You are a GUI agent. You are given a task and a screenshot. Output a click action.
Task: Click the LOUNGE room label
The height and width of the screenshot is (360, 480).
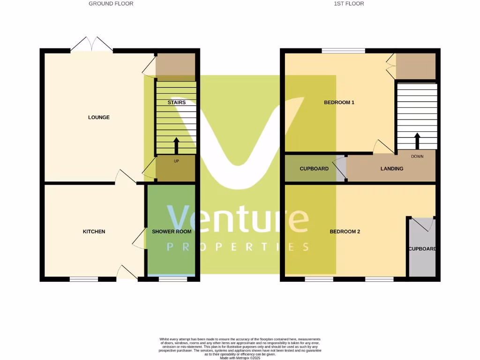pos(98,117)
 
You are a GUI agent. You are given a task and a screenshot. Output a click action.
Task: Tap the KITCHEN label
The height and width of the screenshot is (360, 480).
pos(94,232)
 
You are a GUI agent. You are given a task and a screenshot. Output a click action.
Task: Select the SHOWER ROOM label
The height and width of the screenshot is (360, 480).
pos(172,232)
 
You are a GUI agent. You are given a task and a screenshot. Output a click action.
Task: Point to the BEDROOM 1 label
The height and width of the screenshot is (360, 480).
pos(339,102)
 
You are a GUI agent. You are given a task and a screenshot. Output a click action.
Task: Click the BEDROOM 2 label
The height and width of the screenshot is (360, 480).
pos(345,232)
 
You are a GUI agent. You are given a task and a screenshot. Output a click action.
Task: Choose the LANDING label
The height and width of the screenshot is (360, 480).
pos(391,169)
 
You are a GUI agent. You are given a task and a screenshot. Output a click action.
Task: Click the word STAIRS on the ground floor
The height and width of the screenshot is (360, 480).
pos(177,102)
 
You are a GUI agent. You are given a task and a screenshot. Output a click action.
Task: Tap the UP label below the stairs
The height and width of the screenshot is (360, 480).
pos(177,161)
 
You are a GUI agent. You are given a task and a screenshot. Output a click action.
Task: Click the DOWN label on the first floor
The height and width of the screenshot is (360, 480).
pos(417,157)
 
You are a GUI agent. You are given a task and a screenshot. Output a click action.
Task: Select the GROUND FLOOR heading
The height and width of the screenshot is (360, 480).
pos(111,4)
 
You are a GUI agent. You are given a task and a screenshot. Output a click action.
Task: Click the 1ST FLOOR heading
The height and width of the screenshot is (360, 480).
pos(349,4)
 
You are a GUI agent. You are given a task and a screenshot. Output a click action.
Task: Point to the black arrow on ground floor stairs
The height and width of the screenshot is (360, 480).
pos(177,145)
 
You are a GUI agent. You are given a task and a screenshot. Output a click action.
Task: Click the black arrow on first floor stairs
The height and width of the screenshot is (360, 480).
pos(417,141)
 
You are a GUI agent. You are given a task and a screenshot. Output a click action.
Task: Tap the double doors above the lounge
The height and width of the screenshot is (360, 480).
pos(92,45)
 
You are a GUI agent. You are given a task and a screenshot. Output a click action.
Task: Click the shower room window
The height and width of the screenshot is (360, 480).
pos(172,279)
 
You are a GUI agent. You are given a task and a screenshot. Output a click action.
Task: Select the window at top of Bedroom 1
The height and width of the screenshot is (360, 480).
pos(344,50)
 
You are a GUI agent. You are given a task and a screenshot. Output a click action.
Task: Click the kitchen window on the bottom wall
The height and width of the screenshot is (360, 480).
pos(84,279)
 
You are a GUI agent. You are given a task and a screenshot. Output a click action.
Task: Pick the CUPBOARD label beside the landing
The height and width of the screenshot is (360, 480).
pos(314,169)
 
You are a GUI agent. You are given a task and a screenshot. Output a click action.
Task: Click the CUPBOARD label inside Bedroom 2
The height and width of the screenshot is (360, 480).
pos(422,249)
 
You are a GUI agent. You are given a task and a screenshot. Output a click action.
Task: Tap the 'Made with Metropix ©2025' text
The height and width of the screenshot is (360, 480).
pos(240,358)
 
